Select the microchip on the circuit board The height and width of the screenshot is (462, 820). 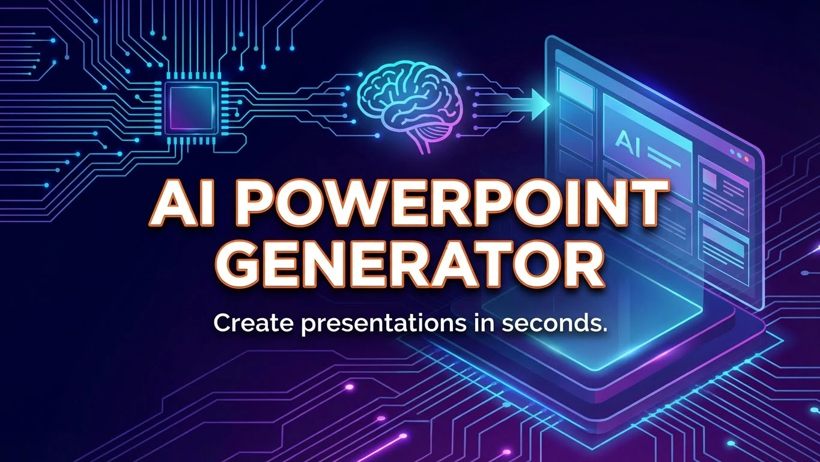tap(192, 108)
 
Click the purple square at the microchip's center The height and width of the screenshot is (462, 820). tap(192, 108)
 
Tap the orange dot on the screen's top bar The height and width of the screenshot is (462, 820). tap(747, 159)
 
